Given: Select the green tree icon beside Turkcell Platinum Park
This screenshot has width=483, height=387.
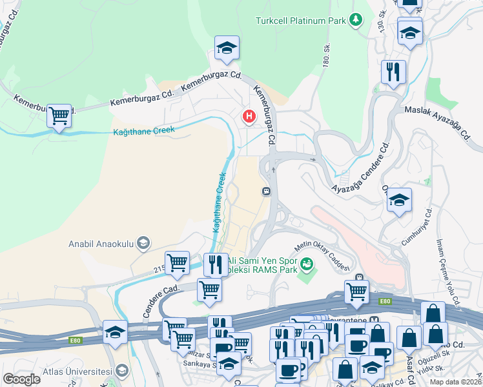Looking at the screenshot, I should click(355, 21).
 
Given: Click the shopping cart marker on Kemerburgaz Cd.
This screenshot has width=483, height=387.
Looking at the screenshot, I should click(59, 116).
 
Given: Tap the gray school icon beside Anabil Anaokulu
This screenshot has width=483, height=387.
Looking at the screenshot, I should click(144, 243).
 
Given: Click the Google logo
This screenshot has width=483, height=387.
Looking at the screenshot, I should click(21, 379).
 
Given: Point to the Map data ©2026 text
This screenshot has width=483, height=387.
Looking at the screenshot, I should click(455, 382).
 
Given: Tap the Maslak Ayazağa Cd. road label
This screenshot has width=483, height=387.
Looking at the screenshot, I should click(439, 122).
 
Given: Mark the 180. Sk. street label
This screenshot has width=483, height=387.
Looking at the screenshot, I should click(327, 54).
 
